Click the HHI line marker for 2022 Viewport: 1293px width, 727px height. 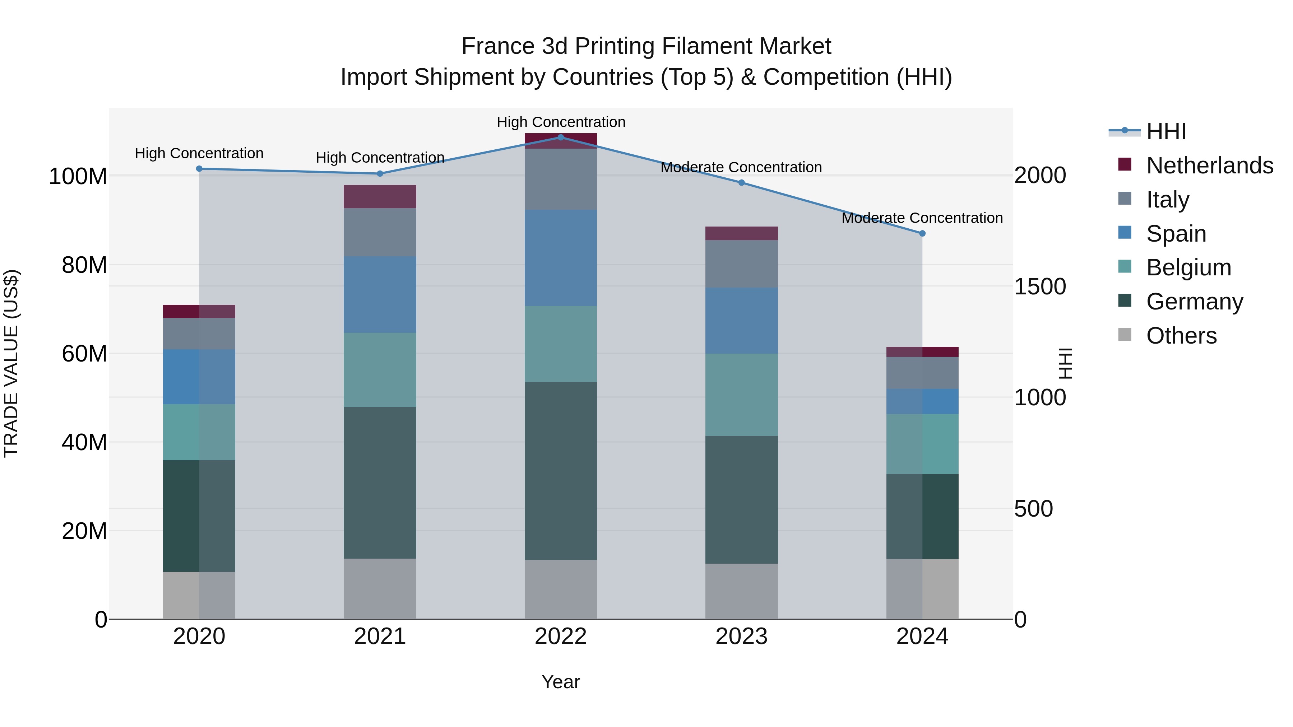click(561, 137)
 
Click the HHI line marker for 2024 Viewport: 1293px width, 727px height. click(922, 233)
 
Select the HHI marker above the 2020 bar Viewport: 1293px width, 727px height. click(199, 169)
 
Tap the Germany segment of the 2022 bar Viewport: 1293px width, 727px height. click(561, 471)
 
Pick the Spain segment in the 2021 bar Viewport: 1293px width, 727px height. click(380, 294)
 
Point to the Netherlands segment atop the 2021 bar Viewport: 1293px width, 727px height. click(380, 196)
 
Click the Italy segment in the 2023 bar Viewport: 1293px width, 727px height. click(741, 264)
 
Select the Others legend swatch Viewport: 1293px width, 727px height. click(1125, 335)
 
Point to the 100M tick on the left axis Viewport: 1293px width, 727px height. click(78, 177)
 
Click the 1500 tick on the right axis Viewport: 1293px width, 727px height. click(1039, 286)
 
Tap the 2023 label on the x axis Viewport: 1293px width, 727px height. click(741, 637)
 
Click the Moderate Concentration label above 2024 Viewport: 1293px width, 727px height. click(922, 218)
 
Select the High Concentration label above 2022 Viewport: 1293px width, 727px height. click(561, 122)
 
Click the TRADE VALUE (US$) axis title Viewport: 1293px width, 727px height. click(11, 363)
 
